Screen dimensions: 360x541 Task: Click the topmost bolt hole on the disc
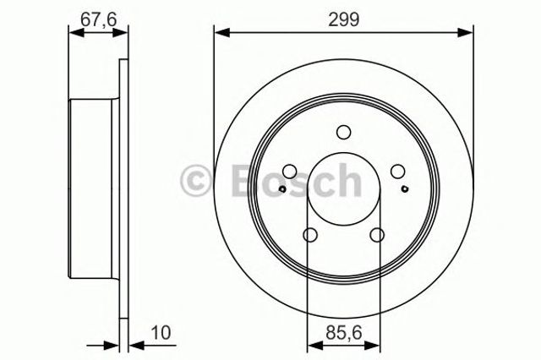click(343, 132)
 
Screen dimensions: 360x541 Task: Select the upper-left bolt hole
click(288, 172)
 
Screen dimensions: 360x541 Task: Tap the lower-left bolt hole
click(309, 236)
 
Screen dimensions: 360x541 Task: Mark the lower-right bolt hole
click(377, 236)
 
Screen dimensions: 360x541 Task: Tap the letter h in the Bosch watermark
click(347, 178)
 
